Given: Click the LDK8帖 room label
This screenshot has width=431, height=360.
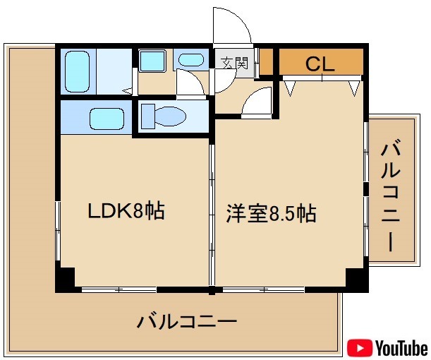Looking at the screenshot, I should click(x=126, y=210).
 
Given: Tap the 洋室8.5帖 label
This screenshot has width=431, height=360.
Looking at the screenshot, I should click(x=271, y=212).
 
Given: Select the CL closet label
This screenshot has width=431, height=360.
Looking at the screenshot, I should click(x=320, y=64).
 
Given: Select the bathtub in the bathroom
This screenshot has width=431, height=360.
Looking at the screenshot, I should click(x=75, y=71).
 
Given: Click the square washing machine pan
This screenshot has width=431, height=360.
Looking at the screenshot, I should click(x=151, y=61).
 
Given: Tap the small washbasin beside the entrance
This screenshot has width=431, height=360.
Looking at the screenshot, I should click(x=188, y=61).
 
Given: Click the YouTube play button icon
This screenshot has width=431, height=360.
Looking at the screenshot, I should click(x=360, y=347).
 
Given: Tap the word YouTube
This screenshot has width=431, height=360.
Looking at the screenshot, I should click(x=401, y=347).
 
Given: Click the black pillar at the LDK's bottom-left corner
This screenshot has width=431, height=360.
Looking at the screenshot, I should click(x=66, y=280).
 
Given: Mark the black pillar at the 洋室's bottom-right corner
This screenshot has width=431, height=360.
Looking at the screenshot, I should click(x=356, y=279).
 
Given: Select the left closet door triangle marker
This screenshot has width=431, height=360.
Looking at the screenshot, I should click(x=291, y=88).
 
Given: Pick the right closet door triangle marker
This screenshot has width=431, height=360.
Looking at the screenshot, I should click(x=354, y=88).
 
